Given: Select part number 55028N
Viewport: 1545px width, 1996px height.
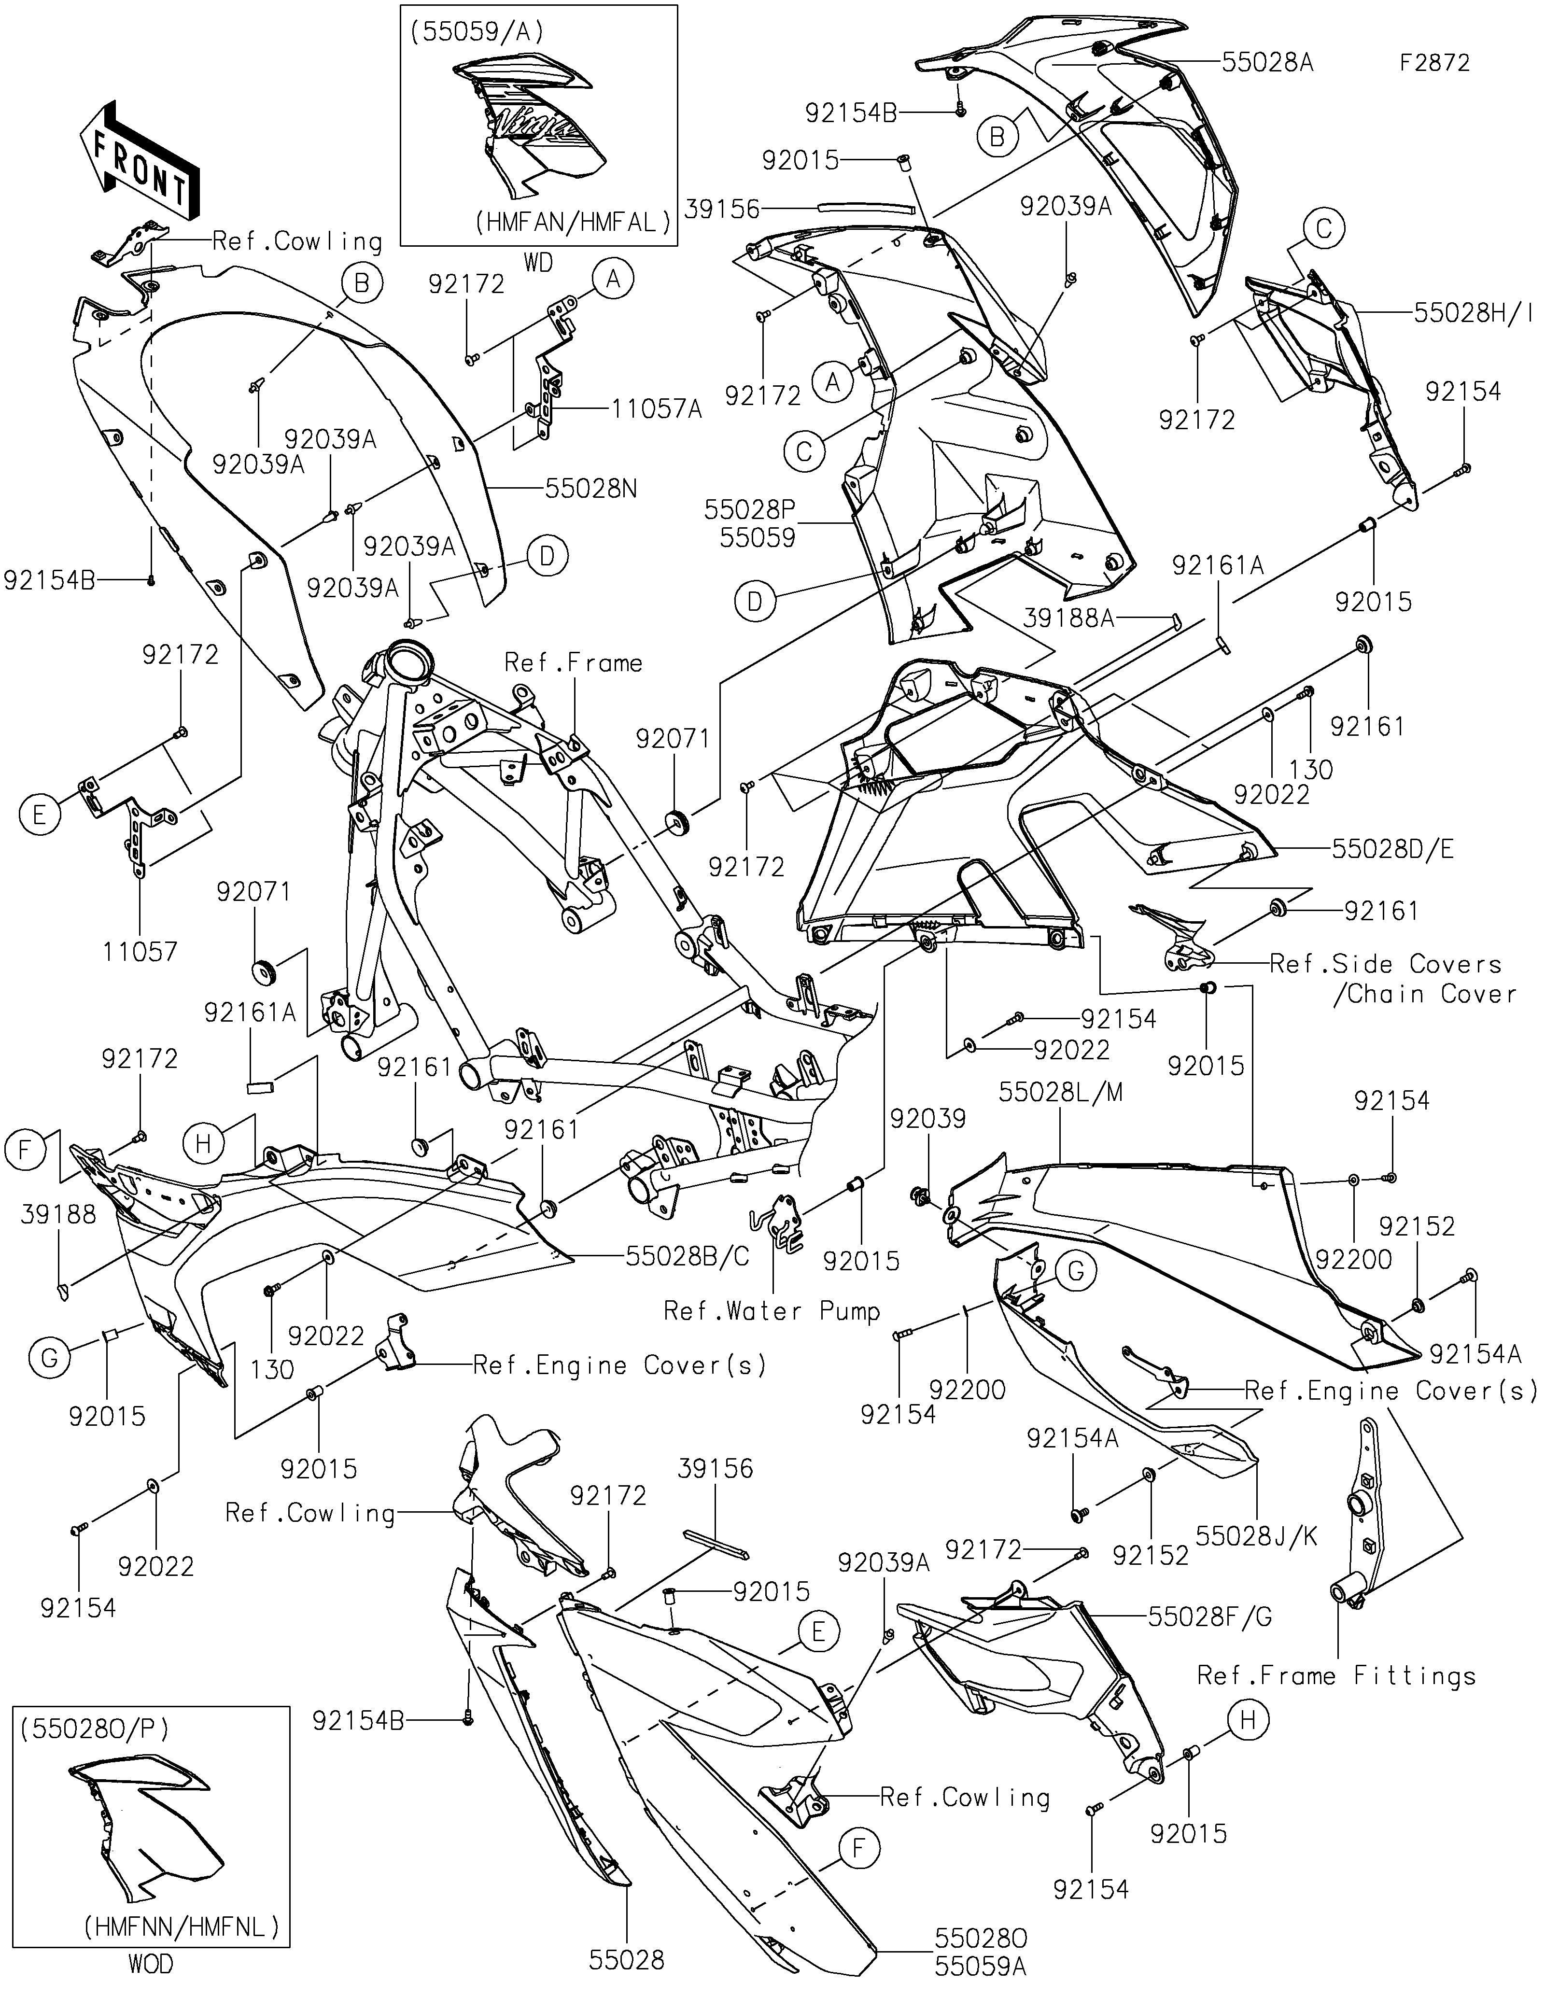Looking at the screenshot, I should pos(591,489).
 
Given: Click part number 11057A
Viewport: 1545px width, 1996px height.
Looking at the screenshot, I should pos(657,409).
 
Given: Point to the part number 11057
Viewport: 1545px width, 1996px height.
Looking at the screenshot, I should pos(140,951).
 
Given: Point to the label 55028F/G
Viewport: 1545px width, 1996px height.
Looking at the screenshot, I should pos(1209,1616).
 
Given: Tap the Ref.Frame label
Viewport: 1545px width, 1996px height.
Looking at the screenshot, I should pos(574,662).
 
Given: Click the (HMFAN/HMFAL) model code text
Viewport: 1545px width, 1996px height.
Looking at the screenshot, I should pos(573,222).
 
